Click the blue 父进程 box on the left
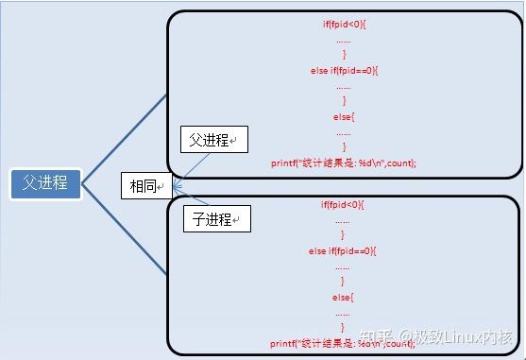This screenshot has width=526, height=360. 45,182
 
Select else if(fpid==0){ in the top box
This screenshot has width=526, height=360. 344,71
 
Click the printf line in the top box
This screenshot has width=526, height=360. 344,163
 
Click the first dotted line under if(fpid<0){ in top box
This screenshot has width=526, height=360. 344,41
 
